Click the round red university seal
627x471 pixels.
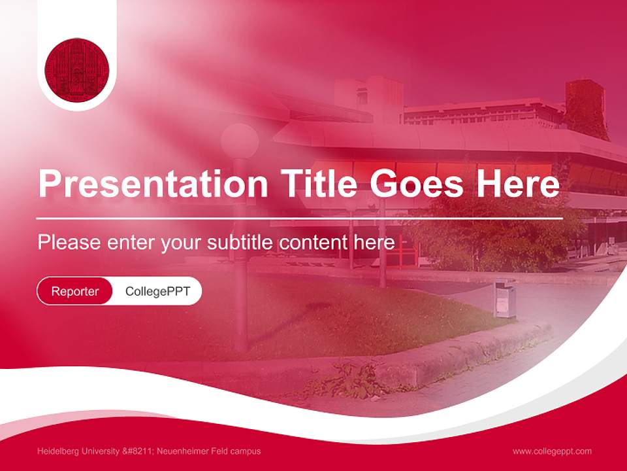77,69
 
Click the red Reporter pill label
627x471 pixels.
75,291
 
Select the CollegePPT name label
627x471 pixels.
157,291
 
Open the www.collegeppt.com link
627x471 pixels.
552,451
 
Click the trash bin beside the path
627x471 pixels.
504,299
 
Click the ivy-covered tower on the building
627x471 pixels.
587,108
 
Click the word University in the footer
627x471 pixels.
99,451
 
